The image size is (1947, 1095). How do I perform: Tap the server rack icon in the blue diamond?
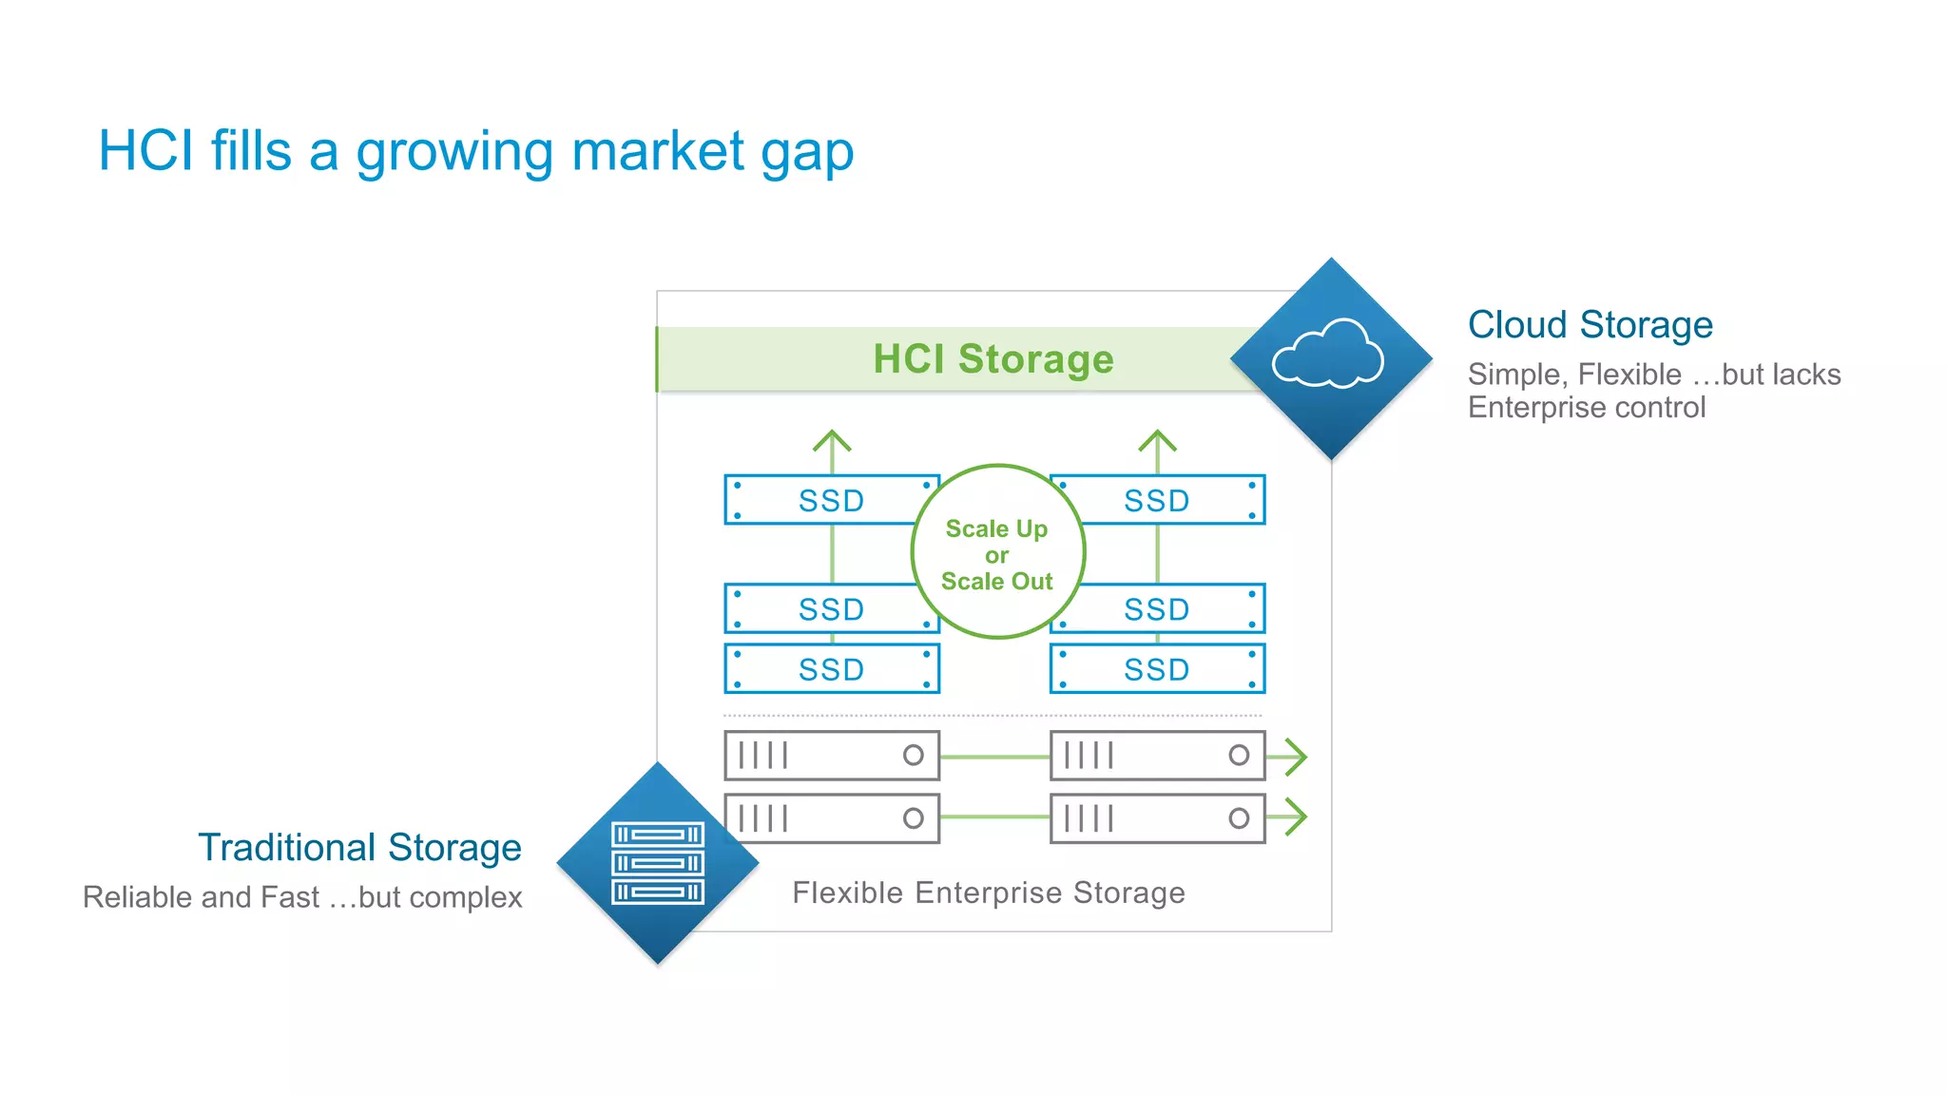click(658, 862)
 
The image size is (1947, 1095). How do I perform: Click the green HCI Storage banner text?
click(993, 359)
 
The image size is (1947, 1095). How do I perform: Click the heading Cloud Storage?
click(1590, 325)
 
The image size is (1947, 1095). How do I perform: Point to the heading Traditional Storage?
click(359, 847)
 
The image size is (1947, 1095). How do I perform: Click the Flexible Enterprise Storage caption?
click(989, 893)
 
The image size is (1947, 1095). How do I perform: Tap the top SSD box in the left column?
click(830, 500)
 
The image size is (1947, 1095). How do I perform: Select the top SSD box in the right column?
click(1157, 500)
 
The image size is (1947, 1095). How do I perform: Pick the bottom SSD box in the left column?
click(830, 669)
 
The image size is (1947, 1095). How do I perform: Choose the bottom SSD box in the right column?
click(1157, 669)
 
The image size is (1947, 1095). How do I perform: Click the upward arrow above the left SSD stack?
click(832, 442)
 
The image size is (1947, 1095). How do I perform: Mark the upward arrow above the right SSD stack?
click(1157, 442)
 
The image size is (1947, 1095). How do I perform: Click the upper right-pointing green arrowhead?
click(1296, 757)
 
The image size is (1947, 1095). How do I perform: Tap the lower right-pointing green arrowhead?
click(1296, 816)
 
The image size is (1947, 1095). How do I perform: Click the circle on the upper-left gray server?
click(913, 755)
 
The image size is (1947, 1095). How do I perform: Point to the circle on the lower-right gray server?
click(1238, 817)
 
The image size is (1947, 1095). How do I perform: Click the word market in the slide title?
click(658, 152)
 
